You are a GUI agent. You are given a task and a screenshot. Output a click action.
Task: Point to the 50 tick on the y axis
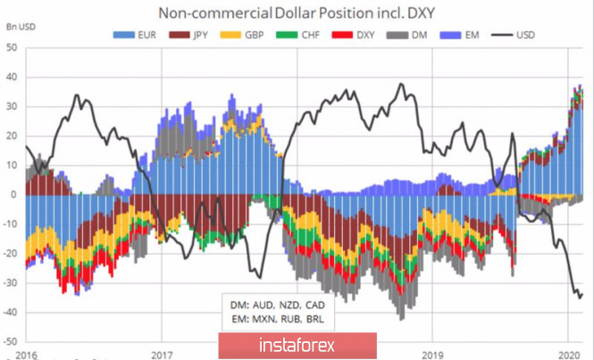click(x=13, y=46)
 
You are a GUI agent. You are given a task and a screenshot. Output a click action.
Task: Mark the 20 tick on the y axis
click(x=13, y=135)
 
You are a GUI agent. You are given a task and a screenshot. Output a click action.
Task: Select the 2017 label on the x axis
click(x=161, y=353)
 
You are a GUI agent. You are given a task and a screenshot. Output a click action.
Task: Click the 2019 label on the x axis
click(x=431, y=353)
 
